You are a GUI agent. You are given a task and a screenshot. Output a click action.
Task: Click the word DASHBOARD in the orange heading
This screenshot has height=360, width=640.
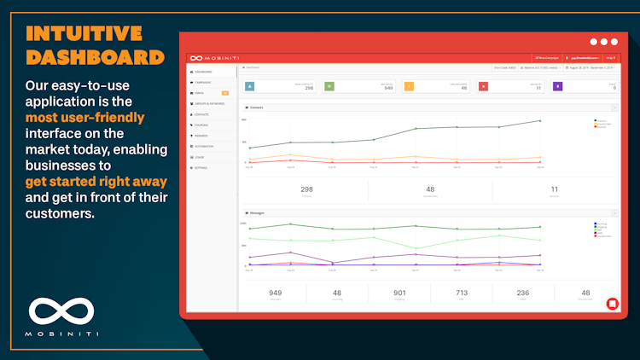95,57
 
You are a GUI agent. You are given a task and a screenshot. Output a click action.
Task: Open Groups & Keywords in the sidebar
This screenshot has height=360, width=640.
210,103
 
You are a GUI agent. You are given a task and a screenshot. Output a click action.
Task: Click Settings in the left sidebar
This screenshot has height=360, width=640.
202,167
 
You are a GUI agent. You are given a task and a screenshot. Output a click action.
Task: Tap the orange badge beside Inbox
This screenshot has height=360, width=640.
225,93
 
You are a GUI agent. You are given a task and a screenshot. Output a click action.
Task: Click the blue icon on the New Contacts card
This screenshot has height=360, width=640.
249,86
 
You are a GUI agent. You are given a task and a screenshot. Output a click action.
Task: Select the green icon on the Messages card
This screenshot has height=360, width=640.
329,86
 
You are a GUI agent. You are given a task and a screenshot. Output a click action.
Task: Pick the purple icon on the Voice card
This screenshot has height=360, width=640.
558,86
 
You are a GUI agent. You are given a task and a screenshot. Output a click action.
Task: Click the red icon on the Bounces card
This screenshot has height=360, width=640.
483,86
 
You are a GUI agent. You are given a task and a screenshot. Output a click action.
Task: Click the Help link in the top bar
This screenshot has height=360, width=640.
610,58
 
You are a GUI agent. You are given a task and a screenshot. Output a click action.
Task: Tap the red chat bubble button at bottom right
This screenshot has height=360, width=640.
611,303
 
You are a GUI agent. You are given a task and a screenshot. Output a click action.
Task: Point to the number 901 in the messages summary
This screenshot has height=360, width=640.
399,293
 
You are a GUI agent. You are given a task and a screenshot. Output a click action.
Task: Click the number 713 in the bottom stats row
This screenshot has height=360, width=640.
461,293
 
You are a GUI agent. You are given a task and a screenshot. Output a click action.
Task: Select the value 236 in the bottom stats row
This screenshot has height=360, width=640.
522,293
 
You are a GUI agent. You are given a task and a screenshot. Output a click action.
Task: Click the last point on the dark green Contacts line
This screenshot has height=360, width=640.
539,121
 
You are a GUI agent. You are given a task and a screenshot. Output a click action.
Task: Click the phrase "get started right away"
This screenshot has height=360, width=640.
95,182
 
